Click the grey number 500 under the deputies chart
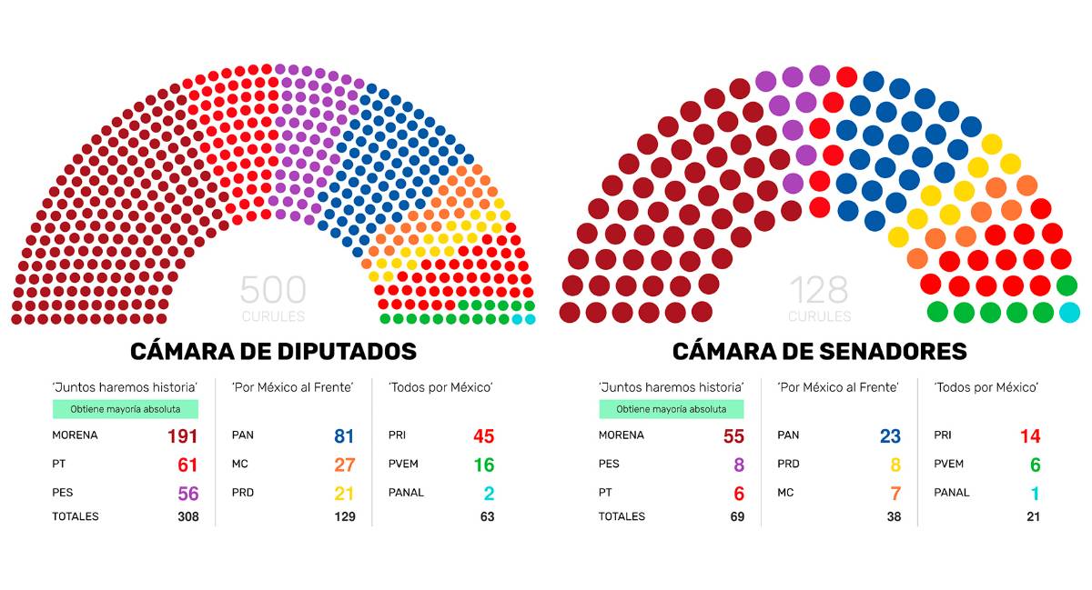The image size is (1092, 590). [x=273, y=291]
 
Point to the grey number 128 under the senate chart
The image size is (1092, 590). [x=819, y=291]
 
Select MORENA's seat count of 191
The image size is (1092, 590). [x=182, y=436]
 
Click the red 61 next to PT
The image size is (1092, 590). [x=187, y=465]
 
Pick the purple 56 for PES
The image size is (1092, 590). [x=187, y=495]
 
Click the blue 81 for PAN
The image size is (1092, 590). [x=344, y=436]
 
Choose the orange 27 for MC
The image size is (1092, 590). [x=344, y=465]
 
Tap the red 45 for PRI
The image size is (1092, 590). [x=483, y=436]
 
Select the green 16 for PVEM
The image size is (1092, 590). [x=483, y=465]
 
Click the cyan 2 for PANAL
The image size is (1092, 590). [x=489, y=495]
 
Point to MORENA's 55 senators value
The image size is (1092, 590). [x=733, y=436]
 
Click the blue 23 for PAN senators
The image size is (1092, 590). [x=890, y=436]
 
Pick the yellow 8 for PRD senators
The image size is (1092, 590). [x=895, y=465]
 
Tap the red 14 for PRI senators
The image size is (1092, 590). [x=1029, y=436]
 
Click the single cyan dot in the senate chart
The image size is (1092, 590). [x=1070, y=313]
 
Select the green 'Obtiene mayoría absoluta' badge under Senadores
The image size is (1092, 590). [x=671, y=409]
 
